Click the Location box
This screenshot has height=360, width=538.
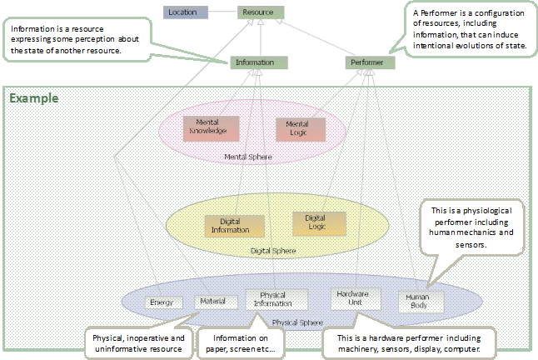183,12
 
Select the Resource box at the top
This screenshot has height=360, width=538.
261,12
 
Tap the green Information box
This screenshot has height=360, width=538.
259,62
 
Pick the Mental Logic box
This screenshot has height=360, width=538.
297,128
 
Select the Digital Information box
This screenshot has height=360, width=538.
234,225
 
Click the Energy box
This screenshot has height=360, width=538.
163,302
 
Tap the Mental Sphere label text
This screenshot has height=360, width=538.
247,156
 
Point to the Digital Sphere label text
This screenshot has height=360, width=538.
274,249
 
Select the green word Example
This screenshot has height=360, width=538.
33,98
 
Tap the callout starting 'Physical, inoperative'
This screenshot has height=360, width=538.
138,342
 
